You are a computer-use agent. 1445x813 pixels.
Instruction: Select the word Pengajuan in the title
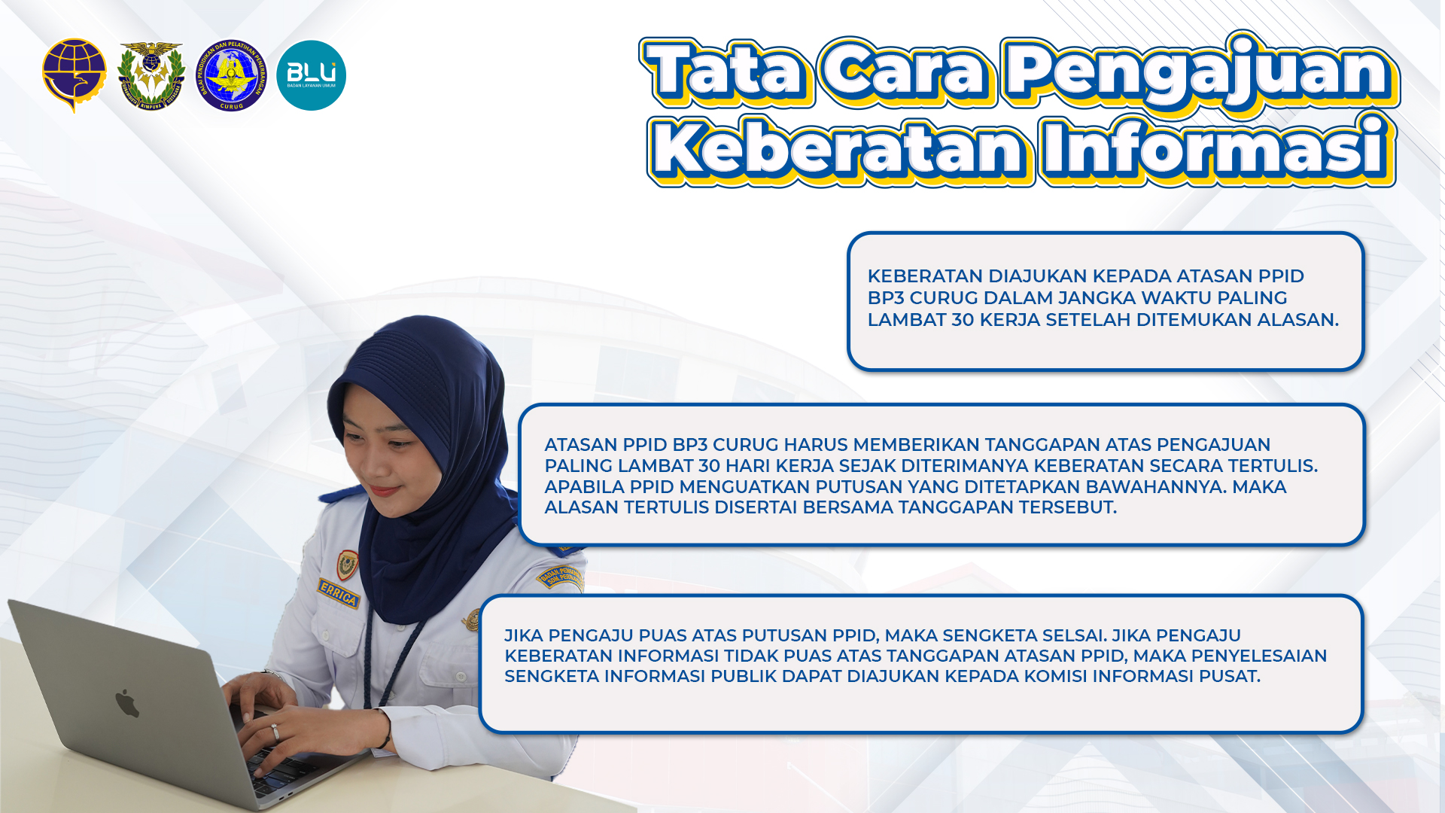(1200, 74)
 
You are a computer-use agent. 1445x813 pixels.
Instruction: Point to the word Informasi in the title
(1216, 149)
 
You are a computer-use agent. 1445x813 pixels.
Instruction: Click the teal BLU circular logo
(311, 75)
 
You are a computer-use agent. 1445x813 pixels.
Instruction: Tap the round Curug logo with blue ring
(231, 75)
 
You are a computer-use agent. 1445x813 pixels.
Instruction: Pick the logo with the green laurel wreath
(151, 75)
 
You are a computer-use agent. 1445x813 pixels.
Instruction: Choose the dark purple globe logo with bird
(74, 75)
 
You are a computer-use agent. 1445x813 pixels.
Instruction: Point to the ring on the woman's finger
(275, 732)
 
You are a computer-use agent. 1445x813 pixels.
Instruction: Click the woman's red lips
(384, 491)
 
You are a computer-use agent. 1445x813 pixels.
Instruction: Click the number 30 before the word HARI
(710, 466)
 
